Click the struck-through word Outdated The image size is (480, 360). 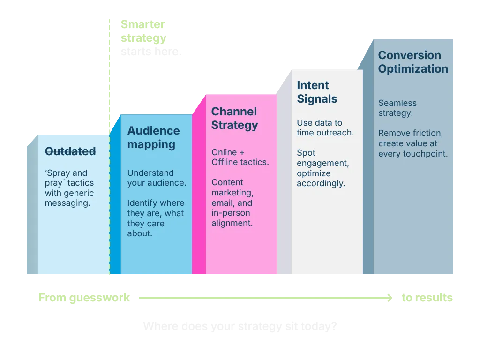[x=70, y=151]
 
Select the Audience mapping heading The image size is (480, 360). [x=153, y=137]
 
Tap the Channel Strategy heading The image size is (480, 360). [x=234, y=118]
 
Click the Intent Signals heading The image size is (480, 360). [x=317, y=92]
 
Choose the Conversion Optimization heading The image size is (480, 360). [x=413, y=62]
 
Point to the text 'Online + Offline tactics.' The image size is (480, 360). [x=240, y=157]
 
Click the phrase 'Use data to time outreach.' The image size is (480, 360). [x=325, y=127]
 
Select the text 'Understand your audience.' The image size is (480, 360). [x=157, y=178]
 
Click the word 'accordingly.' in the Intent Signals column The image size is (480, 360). [x=321, y=184]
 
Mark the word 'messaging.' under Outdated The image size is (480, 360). [x=67, y=203]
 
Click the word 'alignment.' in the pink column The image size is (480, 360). [x=232, y=223]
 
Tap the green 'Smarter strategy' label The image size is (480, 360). [x=143, y=31]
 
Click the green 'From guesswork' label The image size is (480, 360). [x=84, y=298]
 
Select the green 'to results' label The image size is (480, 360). [x=427, y=298]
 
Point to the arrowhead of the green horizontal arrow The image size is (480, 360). [x=390, y=298]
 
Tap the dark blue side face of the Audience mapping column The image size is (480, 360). [x=115, y=202]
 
